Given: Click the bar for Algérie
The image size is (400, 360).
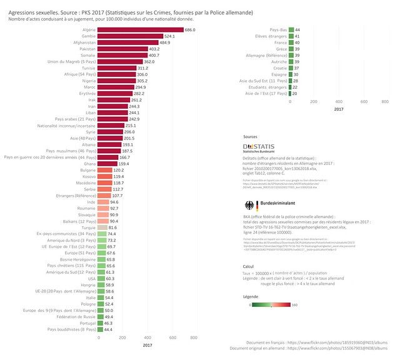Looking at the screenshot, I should click(141, 30).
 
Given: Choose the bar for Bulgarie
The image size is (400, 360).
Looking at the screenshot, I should click(106, 170).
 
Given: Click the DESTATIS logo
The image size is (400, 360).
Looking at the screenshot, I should click(257, 147).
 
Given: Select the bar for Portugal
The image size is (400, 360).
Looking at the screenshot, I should click(102, 323).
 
